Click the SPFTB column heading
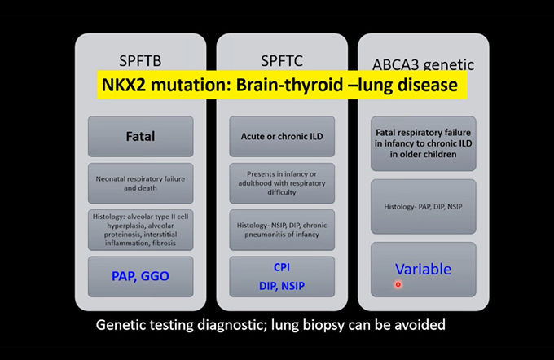click(x=140, y=61)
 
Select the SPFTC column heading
click(x=282, y=61)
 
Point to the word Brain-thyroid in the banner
click(x=289, y=85)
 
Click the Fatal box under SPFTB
click(x=141, y=136)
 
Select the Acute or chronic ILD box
click(x=282, y=136)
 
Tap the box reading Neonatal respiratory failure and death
click(x=141, y=183)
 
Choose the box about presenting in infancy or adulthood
click(x=282, y=183)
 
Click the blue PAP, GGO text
click(x=140, y=276)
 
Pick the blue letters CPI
click(x=282, y=267)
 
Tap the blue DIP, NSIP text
click(x=282, y=286)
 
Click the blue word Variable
click(x=424, y=270)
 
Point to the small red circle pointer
click(x=398, y=284)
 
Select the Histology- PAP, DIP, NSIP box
click(x=424, y=207)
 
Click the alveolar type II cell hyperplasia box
click(x=141, y=230)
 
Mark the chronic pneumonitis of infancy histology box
click(x=282, y=230)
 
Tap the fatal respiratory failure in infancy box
click(x=424, y=144)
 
